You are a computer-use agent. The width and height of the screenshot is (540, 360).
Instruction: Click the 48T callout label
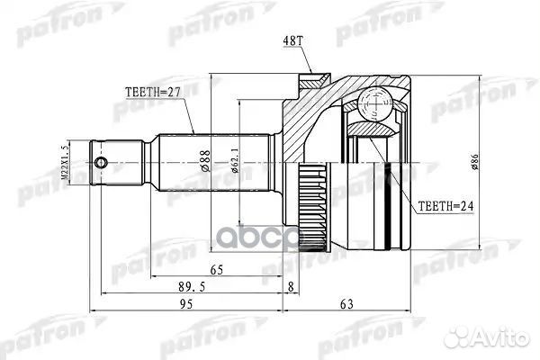292,41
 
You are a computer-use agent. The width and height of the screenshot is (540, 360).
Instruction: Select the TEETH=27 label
153,93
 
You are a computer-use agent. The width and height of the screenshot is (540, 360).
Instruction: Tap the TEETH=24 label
445,206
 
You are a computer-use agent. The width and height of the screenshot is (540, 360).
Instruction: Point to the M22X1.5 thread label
65,162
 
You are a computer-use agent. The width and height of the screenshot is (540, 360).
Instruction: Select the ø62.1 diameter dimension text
235,159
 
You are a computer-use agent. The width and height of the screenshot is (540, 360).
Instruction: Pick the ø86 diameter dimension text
474,162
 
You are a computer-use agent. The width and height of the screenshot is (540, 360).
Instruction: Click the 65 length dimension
217,270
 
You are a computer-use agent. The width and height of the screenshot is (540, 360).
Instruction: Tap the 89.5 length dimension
192,286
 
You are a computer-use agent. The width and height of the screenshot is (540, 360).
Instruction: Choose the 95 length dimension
186,304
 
